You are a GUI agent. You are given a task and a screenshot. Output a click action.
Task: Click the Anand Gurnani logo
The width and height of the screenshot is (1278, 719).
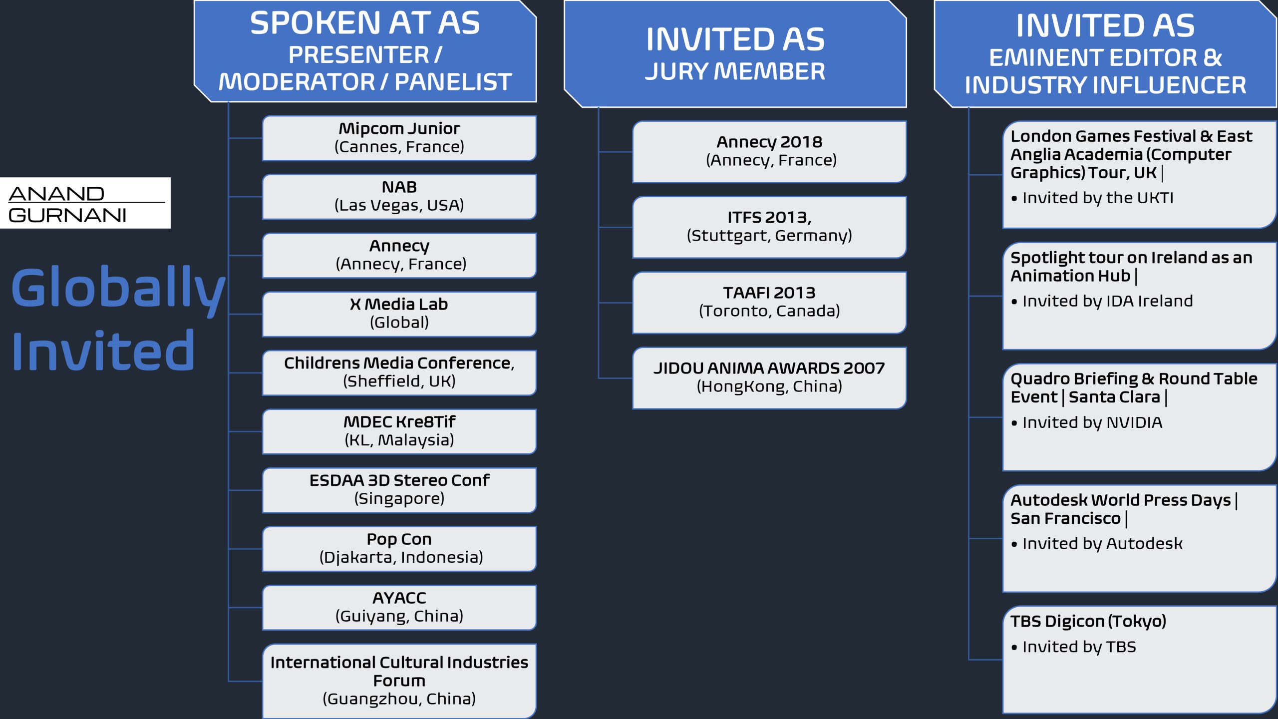[x=85, y=203]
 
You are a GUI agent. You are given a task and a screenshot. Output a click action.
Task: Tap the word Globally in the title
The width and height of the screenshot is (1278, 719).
[x=118, y=289]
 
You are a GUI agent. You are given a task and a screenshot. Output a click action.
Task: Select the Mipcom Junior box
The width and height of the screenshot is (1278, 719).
[x=399, y=138]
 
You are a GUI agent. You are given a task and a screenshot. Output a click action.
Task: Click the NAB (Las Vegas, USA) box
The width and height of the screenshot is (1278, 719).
[x=399, y=196]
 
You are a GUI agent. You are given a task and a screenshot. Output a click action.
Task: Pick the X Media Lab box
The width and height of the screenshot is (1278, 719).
[x=399, y=314]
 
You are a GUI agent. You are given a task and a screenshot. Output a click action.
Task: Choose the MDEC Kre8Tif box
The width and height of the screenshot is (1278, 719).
[x=399, y=431]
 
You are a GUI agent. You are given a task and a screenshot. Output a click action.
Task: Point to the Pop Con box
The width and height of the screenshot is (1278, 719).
[x=399, y=548]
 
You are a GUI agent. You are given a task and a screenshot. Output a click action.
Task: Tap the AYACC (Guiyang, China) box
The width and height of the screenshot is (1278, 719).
[x=399, y=607]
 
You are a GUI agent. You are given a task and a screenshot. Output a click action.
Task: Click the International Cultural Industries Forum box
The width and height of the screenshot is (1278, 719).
[x=399, y=680]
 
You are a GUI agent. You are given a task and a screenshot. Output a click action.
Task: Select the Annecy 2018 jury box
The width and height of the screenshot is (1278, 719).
[x=769, y=151]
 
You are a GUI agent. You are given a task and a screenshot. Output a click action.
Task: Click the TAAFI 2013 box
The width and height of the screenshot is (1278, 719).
[x=769, y=302]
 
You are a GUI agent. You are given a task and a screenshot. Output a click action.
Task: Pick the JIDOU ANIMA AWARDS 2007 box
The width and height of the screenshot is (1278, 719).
[x=769, y=377]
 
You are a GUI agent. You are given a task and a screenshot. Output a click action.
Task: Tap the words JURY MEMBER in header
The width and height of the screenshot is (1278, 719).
[x=735, y=71]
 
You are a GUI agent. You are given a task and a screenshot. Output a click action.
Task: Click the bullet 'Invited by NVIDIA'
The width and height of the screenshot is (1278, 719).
[x=1092, y=423]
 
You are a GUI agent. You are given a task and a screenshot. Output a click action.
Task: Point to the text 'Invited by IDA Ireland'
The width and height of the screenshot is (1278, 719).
[x=1107, y=301]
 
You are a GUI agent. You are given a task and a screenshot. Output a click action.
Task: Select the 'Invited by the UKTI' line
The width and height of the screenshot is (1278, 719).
[x=1097, y=198]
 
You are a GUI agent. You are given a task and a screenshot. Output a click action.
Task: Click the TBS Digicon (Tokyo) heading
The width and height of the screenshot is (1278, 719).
[x=1088, y=621]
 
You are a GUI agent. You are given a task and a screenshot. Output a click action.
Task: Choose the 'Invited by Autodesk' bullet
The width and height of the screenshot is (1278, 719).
[x=1102, y=544]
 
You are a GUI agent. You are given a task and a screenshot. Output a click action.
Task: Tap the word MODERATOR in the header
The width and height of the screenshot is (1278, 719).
[x=297, y=82]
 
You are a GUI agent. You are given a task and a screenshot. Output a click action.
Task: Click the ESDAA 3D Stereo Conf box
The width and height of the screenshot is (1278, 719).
[x=399, y=490]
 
